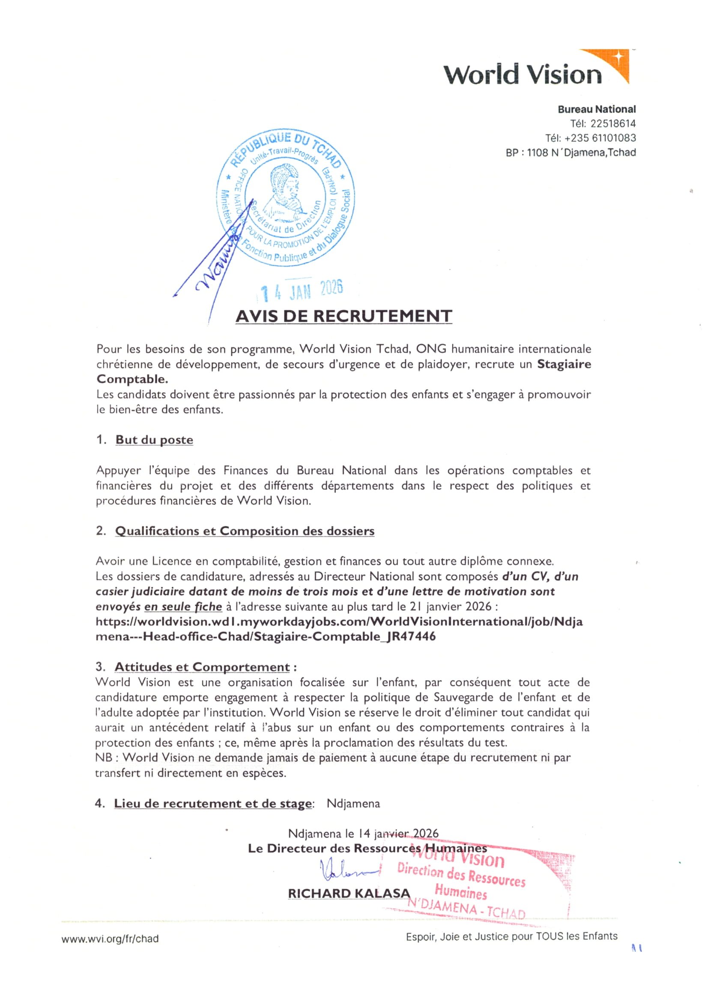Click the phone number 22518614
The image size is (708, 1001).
pyautogui.click(x=613, y=123)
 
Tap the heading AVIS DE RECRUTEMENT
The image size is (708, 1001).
pyautogui.click(x=344, y=316)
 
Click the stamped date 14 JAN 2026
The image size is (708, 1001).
pyautogui.click(x=302, y=289)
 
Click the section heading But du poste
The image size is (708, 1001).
pyautogui.click(x=154, y=440)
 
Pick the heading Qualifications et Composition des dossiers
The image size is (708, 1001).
pyautogui.click(x=245, y=531)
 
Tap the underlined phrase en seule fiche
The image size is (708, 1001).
pyautogui.click(x=183, y=606)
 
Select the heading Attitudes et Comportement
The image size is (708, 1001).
pyautogui.click(x=202, y=667)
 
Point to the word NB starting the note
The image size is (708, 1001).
pyautogui.click(x=104, y=758)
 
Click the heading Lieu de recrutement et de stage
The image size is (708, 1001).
pyautogui.click(x=213, y=804)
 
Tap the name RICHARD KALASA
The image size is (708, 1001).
pyautogui.click(x=349, y=893)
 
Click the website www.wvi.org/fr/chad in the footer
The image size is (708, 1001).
pyautogui.click(x=110, y=939)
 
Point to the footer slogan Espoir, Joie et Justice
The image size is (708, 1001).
pyautogui.click(x=511, y=936)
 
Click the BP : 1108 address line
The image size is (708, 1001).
pyautogui.click(x=571, y=153)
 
